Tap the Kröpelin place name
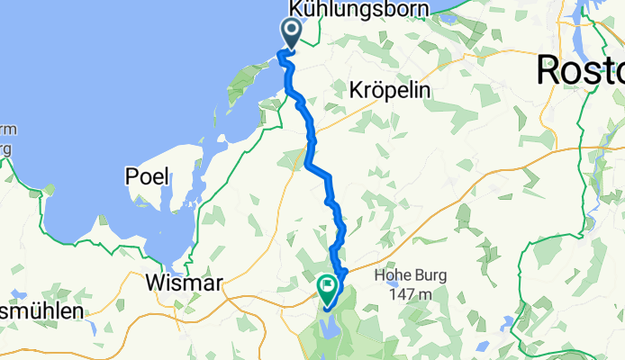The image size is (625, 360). pyautogui.click(x=389, y=90)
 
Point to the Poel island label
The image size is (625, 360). pyautogui.click(x=148, y=176)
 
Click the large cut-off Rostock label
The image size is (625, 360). pyautogui.click(x=581, y=69)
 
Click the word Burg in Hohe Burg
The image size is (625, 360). pyautogui.click(x=431, y=276)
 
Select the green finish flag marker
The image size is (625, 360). pyautogui.click(x=326, y=288)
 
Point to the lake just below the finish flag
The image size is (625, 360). pyautogui.click(x=328, y=327)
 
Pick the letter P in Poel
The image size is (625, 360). pyautogui.click(x=131, y=176)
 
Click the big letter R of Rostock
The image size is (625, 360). pyautogui.click(x=552, y=69)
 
